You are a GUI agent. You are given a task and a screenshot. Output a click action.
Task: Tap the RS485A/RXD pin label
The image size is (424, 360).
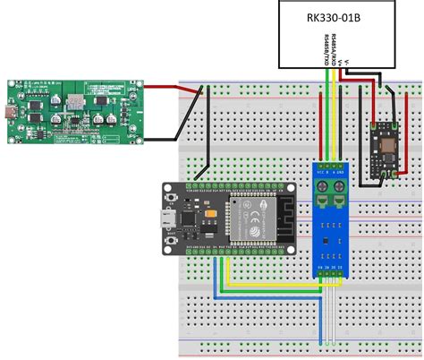[x=333, y=48]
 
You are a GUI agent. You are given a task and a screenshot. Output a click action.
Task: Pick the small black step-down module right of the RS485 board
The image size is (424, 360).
[x=386, y=144]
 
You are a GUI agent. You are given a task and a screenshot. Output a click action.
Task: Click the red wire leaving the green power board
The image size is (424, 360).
[x=165, y=88]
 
